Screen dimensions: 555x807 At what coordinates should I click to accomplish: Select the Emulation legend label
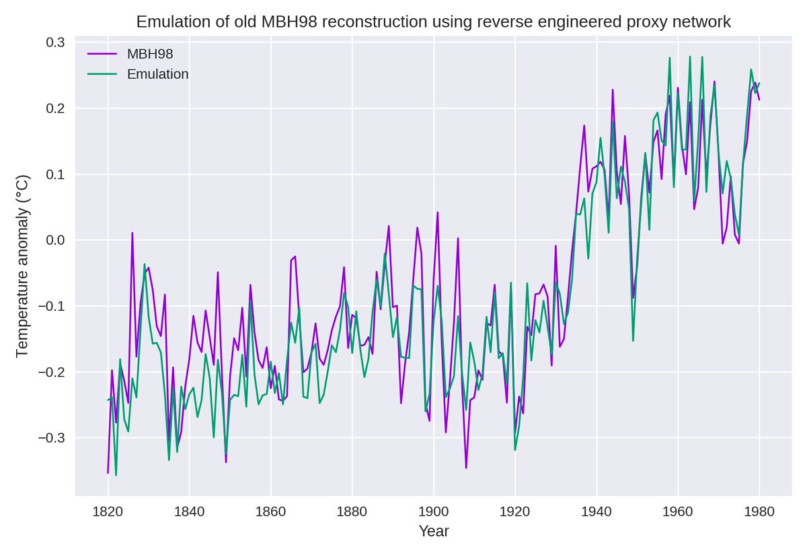158,74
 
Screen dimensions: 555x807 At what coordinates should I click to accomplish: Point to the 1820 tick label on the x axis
108,511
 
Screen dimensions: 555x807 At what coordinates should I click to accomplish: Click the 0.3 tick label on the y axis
55,42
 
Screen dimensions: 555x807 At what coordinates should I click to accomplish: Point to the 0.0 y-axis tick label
55,240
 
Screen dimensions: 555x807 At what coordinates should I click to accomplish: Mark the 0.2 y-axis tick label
55,108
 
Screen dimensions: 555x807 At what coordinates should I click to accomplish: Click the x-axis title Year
434,531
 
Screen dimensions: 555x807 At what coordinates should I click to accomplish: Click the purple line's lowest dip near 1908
466,468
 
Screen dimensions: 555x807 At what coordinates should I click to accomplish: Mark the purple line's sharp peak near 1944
613,89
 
